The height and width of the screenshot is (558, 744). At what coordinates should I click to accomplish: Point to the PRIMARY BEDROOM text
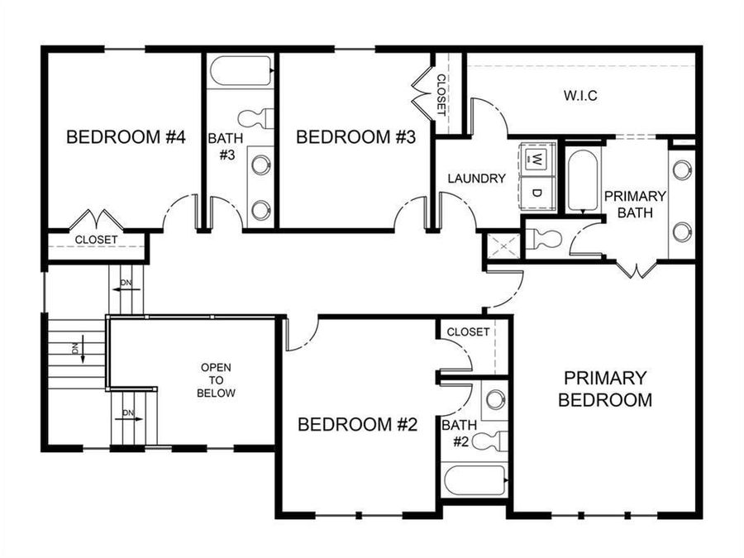604,389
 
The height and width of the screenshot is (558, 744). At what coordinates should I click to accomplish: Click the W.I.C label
580,95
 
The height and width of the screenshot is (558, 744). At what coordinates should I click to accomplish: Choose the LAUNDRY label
476,178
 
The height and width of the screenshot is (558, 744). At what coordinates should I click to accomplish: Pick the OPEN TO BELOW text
216,379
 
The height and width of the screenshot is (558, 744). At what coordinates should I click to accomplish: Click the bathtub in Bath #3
241,71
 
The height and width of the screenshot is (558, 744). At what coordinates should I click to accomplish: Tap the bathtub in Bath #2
475,479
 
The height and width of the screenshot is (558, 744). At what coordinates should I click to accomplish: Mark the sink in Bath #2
495,400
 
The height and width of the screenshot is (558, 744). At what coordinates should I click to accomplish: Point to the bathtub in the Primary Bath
583,180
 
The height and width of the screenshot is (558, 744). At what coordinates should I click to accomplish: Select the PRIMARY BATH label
635,203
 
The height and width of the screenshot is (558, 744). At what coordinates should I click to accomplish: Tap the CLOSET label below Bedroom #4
97,241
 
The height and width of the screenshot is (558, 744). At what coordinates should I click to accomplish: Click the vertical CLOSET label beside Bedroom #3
441,93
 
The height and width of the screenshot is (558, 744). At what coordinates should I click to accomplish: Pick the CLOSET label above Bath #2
468,332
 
